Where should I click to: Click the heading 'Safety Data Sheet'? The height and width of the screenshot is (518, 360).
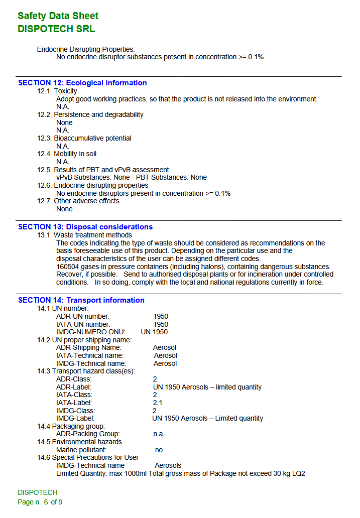58,16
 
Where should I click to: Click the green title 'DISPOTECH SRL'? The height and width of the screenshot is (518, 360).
56,29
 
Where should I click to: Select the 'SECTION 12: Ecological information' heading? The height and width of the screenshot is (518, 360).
82,83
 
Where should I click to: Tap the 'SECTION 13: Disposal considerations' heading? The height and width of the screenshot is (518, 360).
85,227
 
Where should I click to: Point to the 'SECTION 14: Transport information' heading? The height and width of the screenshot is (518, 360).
81,300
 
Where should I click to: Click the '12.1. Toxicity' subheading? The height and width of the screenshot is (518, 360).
57,91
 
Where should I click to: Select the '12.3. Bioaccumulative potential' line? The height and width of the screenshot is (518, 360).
84,138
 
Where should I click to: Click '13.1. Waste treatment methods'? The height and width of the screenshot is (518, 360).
84,235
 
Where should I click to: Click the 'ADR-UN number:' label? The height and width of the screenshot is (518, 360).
83,316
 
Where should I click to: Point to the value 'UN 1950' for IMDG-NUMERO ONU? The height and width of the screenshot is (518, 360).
154,332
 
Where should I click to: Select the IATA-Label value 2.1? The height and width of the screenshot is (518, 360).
158,403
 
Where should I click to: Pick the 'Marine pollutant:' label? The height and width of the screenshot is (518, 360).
81,450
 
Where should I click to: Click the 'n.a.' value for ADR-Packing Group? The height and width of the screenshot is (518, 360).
159,434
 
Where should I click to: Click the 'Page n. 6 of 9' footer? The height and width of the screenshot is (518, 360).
40,502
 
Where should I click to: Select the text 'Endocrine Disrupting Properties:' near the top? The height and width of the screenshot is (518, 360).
86,49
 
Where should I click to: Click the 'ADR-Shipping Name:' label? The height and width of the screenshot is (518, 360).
88,347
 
